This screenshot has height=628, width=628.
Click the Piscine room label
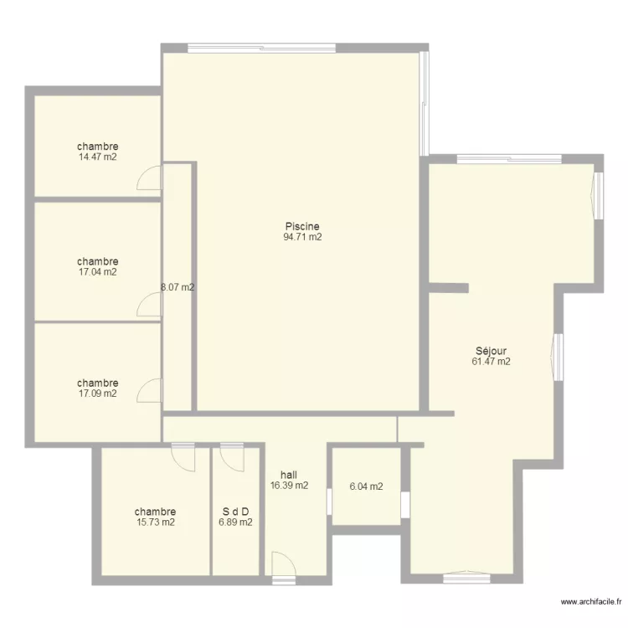[302, 226]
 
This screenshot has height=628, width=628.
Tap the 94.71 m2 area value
[302, 237]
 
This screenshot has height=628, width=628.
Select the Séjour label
[491, 352]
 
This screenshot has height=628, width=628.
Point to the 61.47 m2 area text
[491, 363]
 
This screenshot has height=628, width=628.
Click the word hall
[289, 474]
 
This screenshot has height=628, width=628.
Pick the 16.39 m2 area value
[289, 485]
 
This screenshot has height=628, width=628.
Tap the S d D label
[235, 512]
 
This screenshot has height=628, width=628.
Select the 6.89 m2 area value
[235, 522]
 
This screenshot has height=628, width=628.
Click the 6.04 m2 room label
[366, 486]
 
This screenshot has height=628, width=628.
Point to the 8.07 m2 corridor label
[178, 287]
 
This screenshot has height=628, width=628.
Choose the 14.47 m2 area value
[97, 157]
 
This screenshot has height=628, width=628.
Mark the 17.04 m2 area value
[97, 271]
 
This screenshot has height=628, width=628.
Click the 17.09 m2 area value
[97, 394]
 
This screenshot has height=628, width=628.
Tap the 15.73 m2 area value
[155, 522]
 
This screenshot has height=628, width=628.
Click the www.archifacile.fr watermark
[592, 601]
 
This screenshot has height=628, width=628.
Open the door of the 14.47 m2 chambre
[149, 178]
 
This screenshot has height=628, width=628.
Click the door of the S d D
[231, 457]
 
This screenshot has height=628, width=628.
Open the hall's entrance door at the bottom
[283, 566]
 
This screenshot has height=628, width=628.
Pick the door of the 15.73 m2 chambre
[183, 457]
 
